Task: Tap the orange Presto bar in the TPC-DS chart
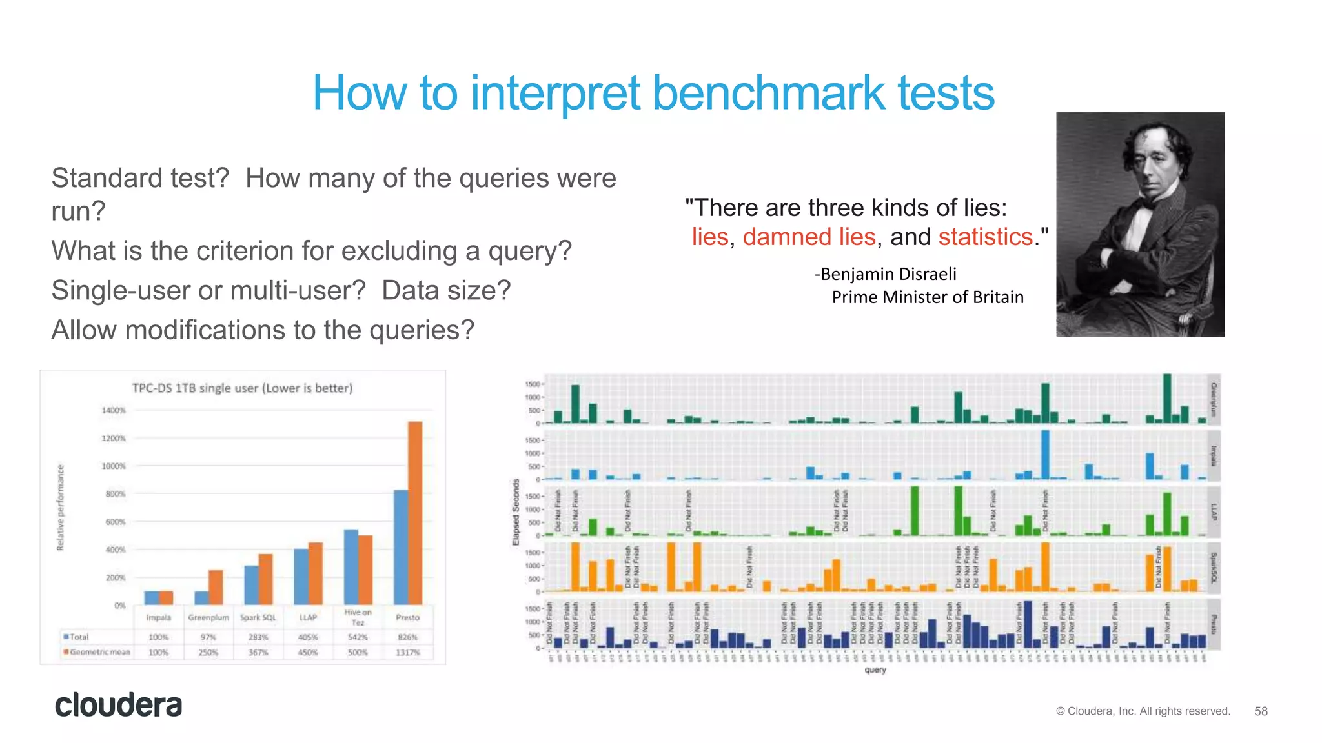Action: click(415, 513)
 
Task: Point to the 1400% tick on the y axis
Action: click(114, 410)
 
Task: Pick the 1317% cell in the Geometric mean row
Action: click(407, 652)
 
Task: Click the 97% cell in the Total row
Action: click(208, 637)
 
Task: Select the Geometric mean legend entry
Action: click(97, 652)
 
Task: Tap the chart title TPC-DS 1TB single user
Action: click(242, 388)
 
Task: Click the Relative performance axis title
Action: click(61, 507)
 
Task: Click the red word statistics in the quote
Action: click(985, 237)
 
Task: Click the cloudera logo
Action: click(118, 705)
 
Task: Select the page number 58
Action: click(1261, 711)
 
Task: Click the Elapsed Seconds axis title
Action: click(516, 511)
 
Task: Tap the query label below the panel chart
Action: click(875, 670)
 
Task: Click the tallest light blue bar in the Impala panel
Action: click(1045, 455)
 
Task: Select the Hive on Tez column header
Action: click(358, 617)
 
